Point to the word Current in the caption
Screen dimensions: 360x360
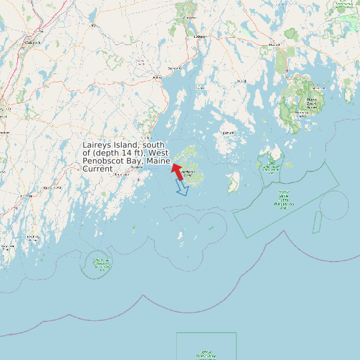98,169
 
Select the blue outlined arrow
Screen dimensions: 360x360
182,189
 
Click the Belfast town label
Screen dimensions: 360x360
157,77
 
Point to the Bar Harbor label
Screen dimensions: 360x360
318,88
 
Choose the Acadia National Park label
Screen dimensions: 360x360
311,102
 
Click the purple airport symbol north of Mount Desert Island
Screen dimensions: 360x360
286,70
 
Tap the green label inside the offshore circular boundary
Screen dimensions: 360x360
101,264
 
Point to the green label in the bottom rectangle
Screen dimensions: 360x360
206,355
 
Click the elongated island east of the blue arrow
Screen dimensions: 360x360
233,183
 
